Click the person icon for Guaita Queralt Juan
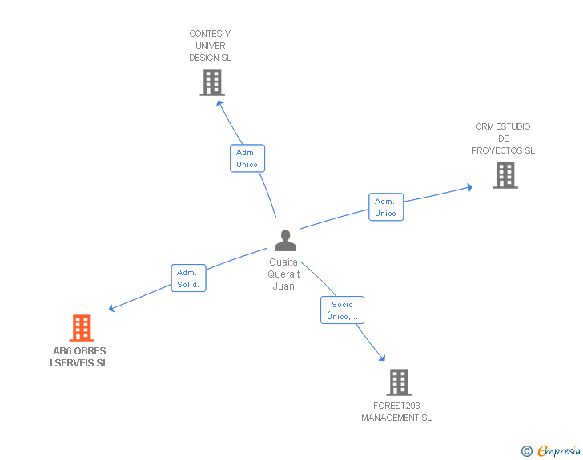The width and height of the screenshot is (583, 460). [x=285, y=241]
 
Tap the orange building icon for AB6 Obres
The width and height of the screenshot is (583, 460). [x=82, y=328]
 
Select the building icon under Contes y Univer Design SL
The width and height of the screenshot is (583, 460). [x=212, y=82]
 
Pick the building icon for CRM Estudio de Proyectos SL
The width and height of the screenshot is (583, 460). [x=505, y=175]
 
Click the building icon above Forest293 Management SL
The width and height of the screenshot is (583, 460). [x=399, y=382]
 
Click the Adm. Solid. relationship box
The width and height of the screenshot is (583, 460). [x=189, y=278]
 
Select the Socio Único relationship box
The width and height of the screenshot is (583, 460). [x=343, y=310]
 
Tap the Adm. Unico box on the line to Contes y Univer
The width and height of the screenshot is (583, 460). [x=247, y=158]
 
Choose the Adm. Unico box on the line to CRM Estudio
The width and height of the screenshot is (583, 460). [x=385, y=207]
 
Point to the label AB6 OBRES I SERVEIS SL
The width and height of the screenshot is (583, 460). [x=79, y=357]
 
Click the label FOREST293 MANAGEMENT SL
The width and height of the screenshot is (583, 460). [x=396, y=412]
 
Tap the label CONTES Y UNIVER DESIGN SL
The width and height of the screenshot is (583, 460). [x=210, y=46]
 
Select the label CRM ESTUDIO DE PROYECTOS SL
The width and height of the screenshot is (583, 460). [x=503, y=138]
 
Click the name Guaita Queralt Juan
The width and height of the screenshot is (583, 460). [x=283, y=274]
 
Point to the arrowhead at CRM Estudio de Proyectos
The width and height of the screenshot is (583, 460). [x=468, y=188]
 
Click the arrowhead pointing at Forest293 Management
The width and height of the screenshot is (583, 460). [x=382, y=358]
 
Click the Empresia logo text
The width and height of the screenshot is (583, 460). [x=559, y=451]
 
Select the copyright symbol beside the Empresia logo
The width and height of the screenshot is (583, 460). [x=527, y=452]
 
